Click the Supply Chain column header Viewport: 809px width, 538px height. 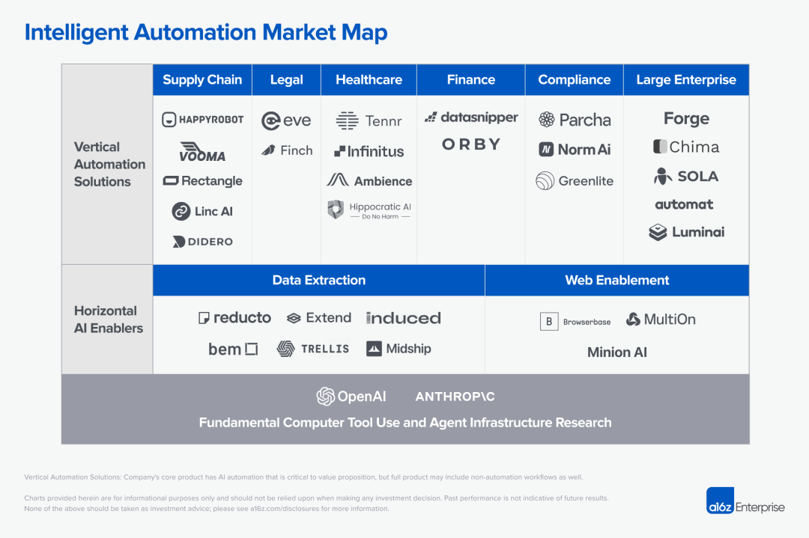[x=202, y=80]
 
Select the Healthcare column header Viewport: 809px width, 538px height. [x=369, y=80]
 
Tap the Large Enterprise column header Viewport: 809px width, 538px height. [x=686, y=80]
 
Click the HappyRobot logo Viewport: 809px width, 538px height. [x=203, y=120]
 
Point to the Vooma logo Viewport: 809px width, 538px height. [x=202, y=152]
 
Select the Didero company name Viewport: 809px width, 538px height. [x=210, y=242]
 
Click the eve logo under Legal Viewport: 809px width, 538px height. [x=286, y=120]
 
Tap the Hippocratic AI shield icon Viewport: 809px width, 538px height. [x=336, y=210]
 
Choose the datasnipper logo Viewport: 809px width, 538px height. [x=471, y=117]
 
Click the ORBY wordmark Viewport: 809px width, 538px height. [x=471, y=144]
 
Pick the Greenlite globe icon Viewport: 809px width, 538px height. [x=545, y=181]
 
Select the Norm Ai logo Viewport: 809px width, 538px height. [x=575, y=150]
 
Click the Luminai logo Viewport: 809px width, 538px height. [x=687, y=233]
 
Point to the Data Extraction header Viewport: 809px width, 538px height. [x=319, y=280]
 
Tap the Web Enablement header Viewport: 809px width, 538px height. [x=617, y=280]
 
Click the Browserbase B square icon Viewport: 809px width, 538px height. [x=549, y=322]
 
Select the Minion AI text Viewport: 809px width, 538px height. [x=617, y=352]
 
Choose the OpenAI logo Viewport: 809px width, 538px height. [x=351, y=397]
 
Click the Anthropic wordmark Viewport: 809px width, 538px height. [x=455, y=397]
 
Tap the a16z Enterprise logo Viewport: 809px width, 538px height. [x=745, y=501]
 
